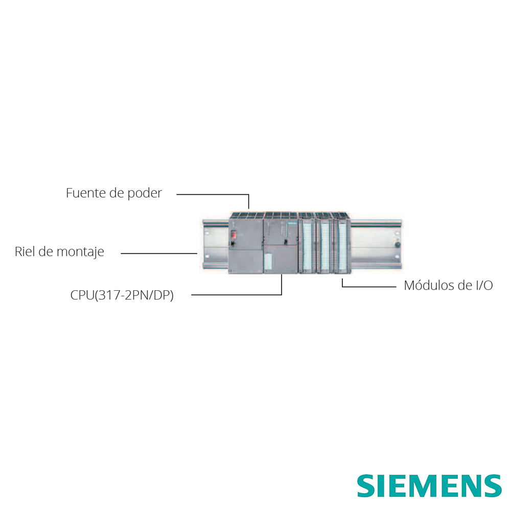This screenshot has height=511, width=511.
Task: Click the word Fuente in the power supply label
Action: click(86, 193)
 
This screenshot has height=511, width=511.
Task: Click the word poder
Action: click(145, 194)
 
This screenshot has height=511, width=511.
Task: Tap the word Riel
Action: click(25, 251)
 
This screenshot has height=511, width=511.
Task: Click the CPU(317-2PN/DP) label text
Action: click(122, 295)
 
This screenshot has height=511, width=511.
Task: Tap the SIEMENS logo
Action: click(429, 486)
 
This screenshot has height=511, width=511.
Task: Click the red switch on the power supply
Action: click(234, 235)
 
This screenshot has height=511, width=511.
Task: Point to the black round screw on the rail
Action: click(397, 244)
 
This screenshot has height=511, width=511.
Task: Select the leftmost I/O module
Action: click(307, 243)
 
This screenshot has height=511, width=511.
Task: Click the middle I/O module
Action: click(324, 243)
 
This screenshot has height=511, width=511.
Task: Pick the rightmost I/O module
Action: click(342, 243)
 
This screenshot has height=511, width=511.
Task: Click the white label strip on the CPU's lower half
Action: click(268, 261)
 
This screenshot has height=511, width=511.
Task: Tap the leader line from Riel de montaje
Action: click(159, 253)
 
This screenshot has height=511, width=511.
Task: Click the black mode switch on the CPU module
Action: click(286, 242)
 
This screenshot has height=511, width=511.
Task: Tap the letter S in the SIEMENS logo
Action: click(366, 486)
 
